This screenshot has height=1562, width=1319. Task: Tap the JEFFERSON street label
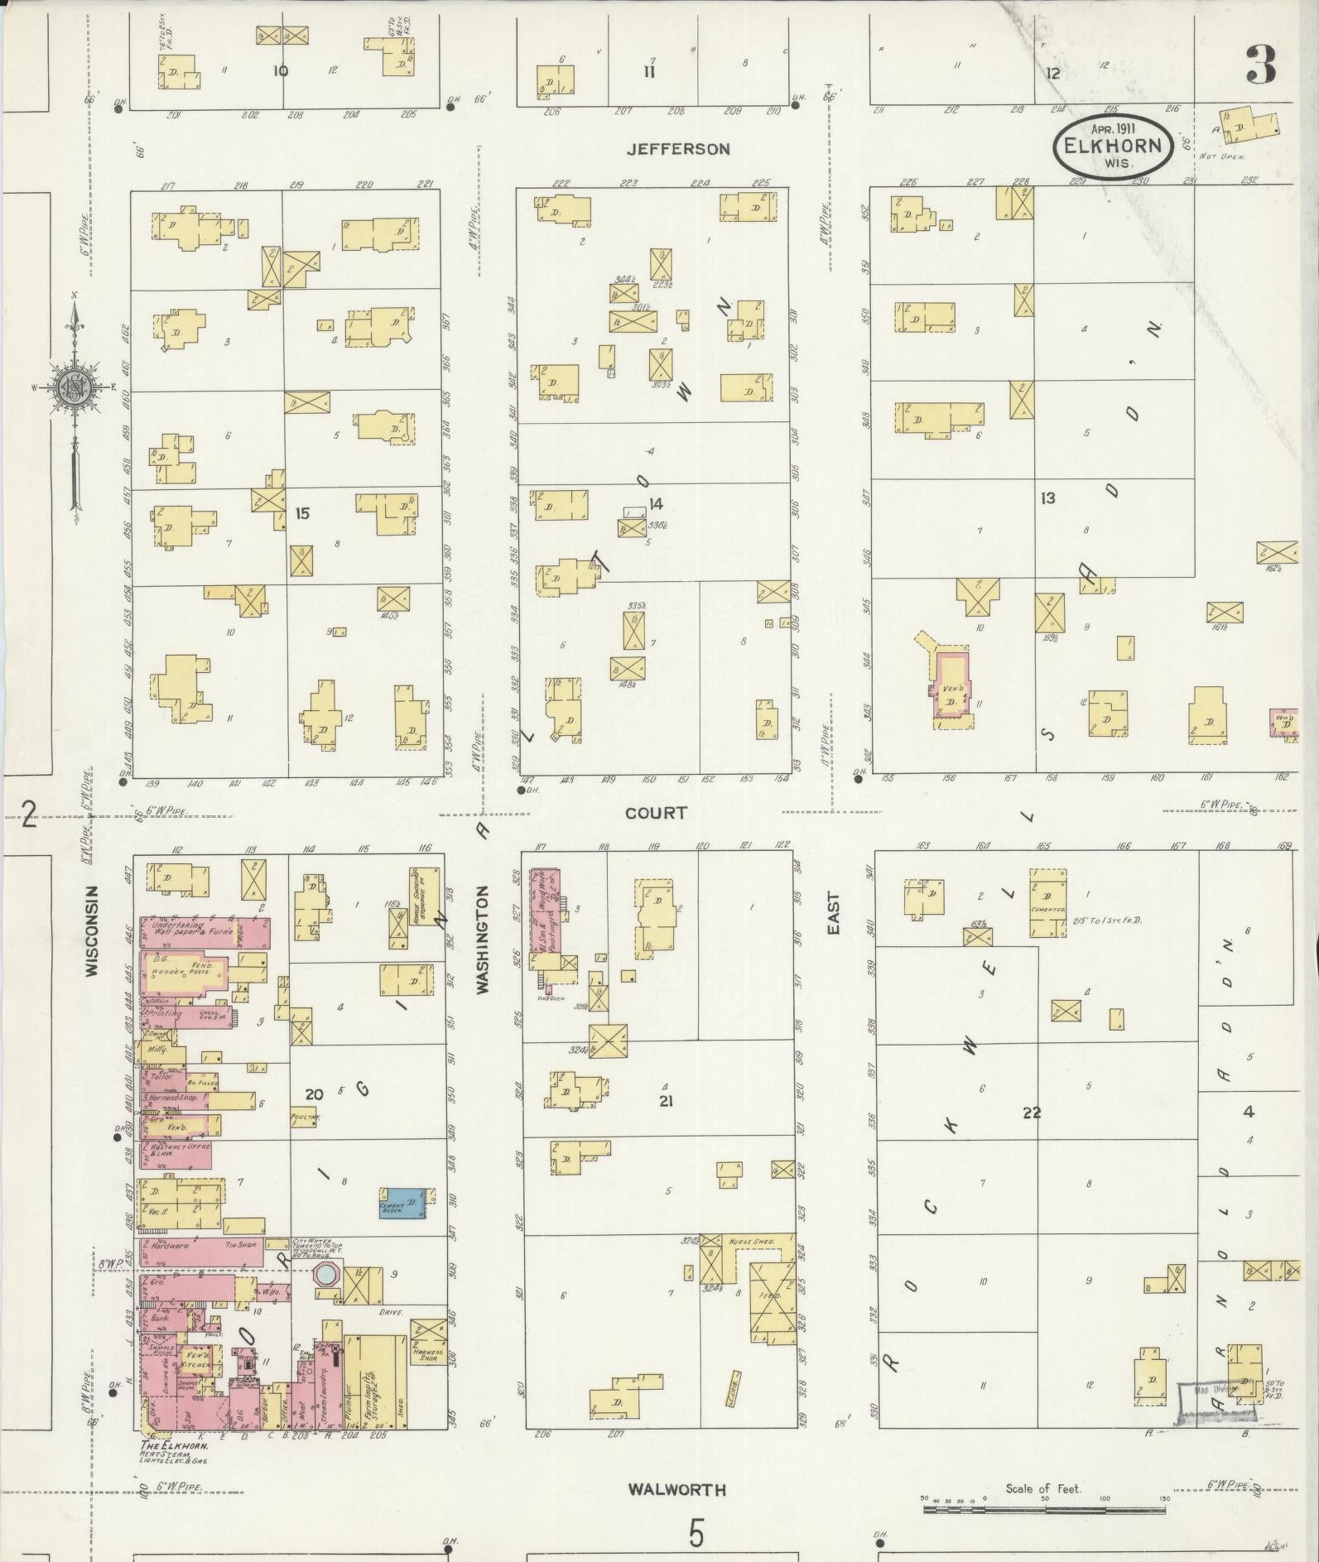[678, 149]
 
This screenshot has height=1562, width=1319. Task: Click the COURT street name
[656, 814]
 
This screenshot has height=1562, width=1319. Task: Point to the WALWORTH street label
[676, 1490]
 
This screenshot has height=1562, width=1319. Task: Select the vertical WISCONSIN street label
[93, 930]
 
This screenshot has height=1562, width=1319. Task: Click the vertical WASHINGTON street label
[484, 939]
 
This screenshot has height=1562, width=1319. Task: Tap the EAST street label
[833, 913]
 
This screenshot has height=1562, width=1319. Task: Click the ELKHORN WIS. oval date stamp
[1112, 145]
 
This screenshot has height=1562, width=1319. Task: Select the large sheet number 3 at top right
[1259, 65]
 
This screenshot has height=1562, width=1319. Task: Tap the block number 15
[302, 514]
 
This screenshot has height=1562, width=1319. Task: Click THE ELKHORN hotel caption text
[173, 1445]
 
